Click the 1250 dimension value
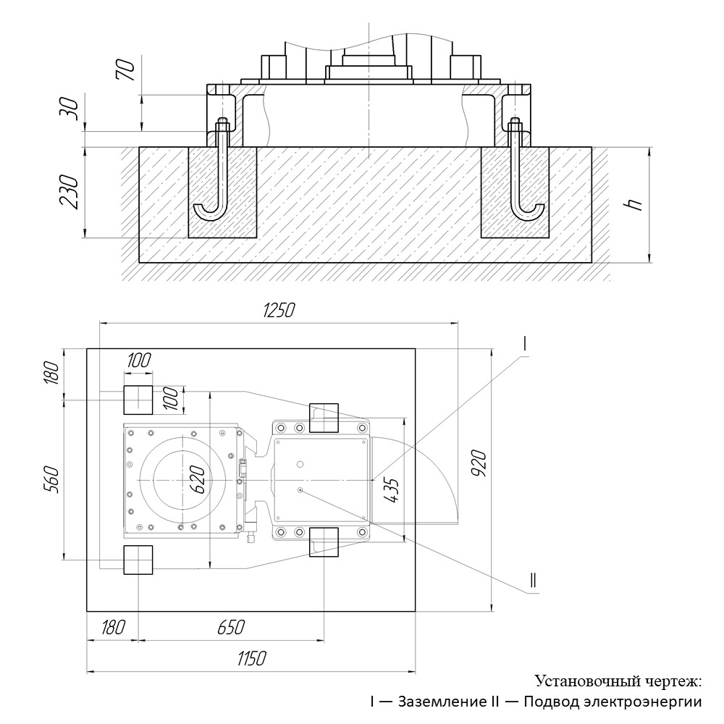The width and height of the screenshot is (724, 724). (278, 311)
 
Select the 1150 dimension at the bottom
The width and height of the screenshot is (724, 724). (252, 658)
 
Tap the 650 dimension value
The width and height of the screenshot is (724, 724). (231, 628)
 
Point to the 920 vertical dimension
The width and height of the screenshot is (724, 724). (479, 463)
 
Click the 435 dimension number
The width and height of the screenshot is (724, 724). (391, 490)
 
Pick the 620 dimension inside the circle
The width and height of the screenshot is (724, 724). (197, 479)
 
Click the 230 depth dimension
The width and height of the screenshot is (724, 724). (70, 192)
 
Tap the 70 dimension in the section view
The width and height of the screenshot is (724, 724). (126, 70)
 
